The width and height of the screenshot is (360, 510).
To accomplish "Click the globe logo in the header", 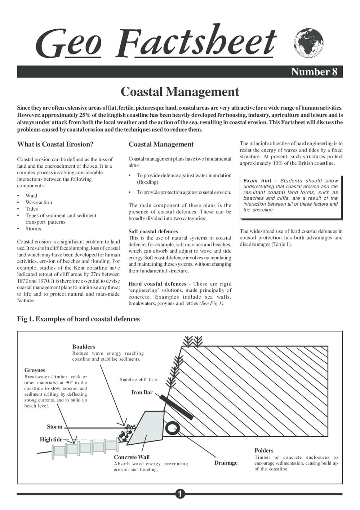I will tap(308, 43).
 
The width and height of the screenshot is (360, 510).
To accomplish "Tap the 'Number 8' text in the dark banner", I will tap(314, 72).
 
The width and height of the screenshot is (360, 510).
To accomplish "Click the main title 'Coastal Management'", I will tap(180, 92).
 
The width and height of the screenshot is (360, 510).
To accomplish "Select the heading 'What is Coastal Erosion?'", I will tap(55, 144).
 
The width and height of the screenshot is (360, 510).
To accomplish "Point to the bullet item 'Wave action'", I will tap(39, 202).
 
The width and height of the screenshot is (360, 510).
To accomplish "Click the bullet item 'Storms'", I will tap(33, 229).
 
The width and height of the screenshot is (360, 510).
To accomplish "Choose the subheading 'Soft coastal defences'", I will tap(153, 232).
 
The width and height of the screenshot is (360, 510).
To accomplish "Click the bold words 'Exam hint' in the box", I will tap(257, 181).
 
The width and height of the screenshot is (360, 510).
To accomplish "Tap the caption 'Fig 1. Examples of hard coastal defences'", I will tap(79, 319).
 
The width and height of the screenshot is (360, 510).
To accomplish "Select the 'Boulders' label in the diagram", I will tap(84, 347).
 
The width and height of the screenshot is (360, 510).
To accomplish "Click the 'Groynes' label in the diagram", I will tap(35, 370).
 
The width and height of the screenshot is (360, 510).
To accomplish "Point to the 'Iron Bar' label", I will tap(142, 392).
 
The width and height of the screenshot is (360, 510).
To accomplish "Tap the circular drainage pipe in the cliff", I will tap(172, 428).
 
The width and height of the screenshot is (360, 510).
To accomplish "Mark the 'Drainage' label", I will tap(226, 463).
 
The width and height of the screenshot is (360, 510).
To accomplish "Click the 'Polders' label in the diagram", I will tap(264, 450).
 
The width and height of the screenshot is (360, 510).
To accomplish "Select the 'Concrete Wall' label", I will tap(132, 457).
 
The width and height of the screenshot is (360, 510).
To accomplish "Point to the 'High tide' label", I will tap(51, 439).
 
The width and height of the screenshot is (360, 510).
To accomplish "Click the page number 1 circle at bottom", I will tap(180, 494).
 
